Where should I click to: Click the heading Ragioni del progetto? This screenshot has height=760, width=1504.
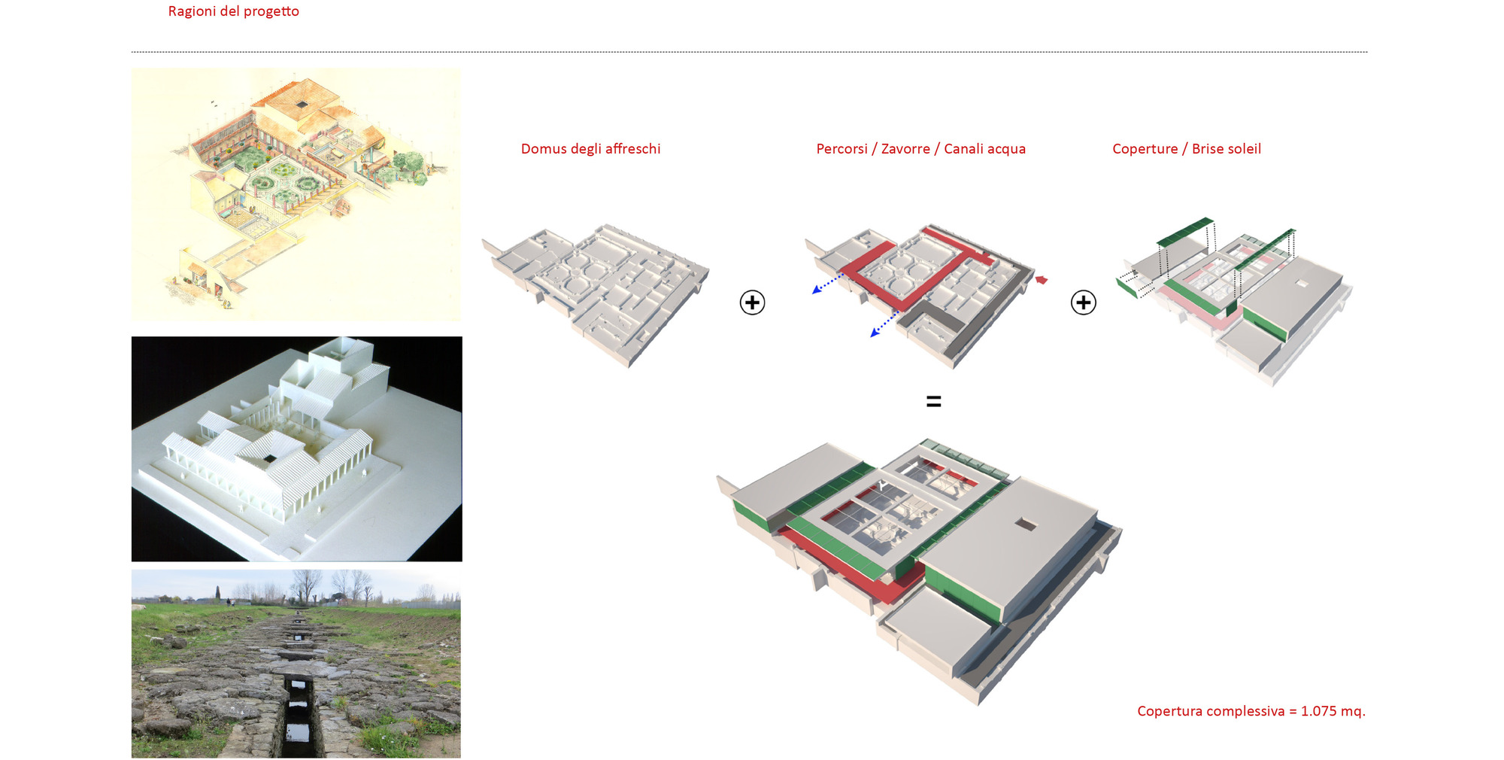coord(233,11)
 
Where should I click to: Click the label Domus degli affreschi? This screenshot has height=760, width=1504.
coord(590,149)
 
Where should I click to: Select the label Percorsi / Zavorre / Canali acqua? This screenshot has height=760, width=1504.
coord(920,149)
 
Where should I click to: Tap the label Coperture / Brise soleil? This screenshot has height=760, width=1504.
coord(1186,149)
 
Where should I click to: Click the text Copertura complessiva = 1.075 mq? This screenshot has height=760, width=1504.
coord(1251,711)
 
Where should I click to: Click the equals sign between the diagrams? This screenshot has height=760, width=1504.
coord(933,402)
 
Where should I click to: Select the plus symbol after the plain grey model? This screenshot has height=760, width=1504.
coord(752,302)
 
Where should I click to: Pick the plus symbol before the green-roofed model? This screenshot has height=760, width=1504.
coord(1083,302)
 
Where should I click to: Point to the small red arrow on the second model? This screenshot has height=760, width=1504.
coord(1042,280)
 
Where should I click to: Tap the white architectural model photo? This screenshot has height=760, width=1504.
coord(296,448)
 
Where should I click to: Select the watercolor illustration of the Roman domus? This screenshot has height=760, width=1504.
coord(296,194)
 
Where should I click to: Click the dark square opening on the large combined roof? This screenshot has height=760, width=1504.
coord(1025,524)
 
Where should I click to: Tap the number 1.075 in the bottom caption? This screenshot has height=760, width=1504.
coord(1321,711)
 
